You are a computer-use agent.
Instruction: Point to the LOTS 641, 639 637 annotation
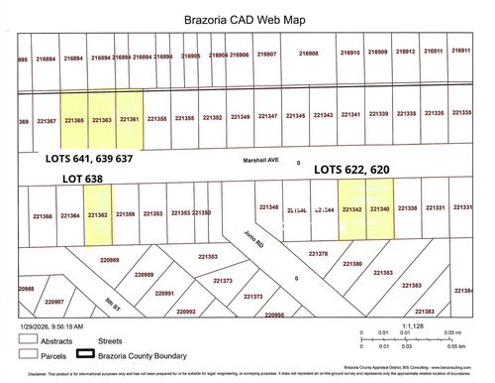coord(89,158)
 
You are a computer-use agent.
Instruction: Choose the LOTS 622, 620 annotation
coord(359,170)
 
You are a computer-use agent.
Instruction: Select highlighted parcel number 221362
coord(97,214)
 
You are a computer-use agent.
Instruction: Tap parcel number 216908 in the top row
coord(308,54)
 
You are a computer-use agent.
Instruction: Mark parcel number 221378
coord(318,254)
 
